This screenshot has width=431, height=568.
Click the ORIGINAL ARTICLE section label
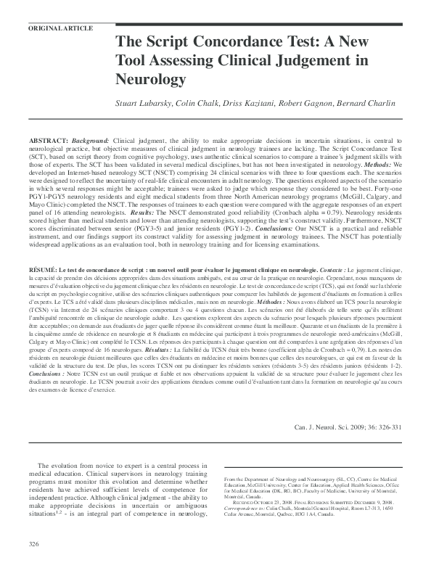[x=59, y=28]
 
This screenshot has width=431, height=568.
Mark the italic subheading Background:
[x=90, y=139]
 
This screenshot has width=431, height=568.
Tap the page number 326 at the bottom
[x=33, y=544]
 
